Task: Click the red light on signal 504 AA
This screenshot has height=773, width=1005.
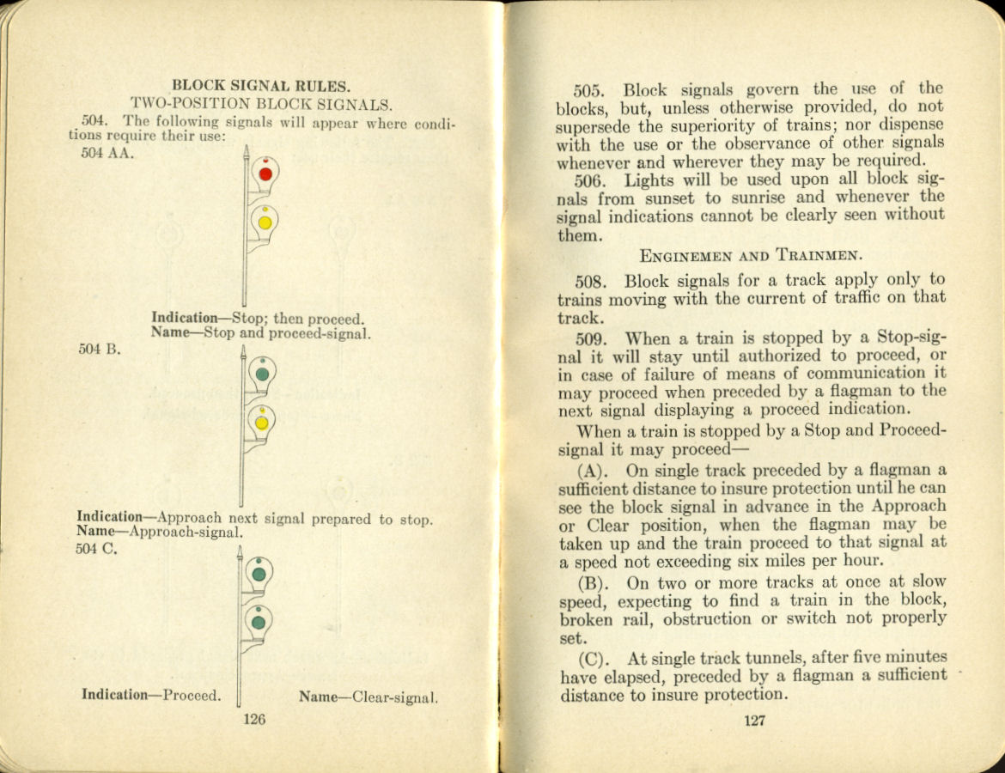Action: coord(265,173)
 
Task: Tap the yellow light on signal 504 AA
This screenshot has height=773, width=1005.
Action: coord(265,222)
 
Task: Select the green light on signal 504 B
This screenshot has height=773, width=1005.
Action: coord(262,374)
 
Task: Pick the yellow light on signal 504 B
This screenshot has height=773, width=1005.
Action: coord(261,423)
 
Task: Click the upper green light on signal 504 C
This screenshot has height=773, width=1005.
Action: coord(259,573)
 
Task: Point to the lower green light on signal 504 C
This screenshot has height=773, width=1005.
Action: coord(258,622)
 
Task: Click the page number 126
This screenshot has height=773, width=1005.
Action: coord(254,720)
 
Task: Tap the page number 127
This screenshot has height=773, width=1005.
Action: coord(753,721)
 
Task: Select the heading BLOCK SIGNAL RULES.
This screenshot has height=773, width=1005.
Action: coord(261,85)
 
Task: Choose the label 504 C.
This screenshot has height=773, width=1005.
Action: coord(96,550)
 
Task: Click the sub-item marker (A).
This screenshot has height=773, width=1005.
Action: coord(593,471)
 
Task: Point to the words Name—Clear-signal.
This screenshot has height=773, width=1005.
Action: coord(368,697)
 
